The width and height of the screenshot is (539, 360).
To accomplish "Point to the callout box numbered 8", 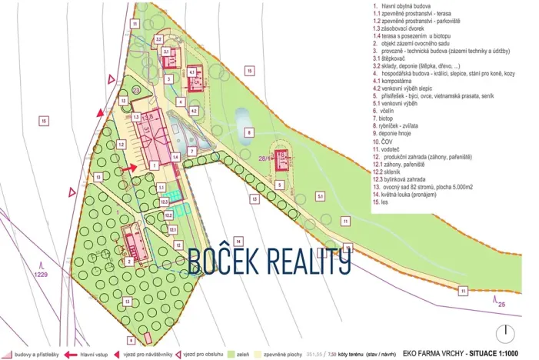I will tap(248, 132).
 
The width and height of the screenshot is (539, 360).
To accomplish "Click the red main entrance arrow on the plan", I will tap(131, 165).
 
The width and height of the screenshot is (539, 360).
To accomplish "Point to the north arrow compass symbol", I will tap(506, 335).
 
